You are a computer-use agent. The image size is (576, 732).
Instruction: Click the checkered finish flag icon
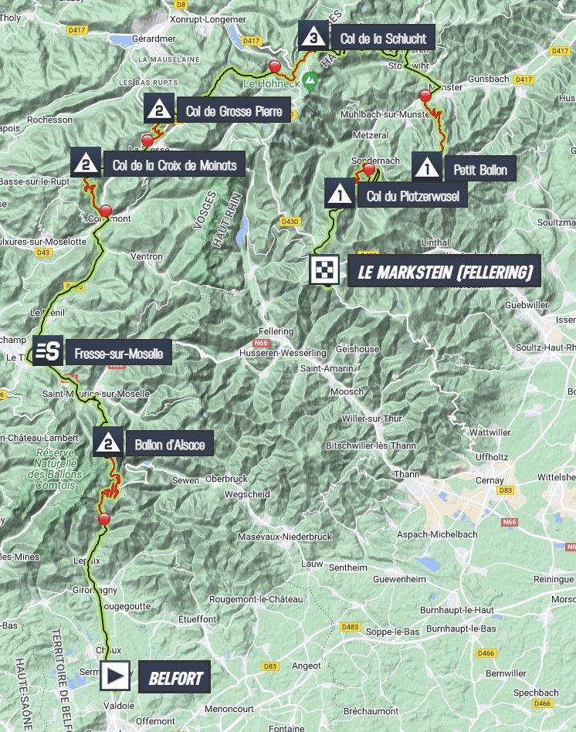pos(324,270)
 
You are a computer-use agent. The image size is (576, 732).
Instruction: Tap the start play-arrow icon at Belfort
pos(116,677)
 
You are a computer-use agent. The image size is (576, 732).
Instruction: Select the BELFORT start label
pos(175,678)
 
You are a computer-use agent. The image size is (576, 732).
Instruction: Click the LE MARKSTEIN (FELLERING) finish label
pos(444,271)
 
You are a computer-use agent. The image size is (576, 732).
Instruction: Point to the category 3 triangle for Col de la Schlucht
pos(313,36)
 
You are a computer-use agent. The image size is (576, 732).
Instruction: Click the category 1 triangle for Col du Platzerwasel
pos(337,193)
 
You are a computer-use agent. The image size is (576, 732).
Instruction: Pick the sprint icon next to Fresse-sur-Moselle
pos(46,352)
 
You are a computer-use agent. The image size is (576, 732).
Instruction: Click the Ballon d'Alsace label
pos(169,444)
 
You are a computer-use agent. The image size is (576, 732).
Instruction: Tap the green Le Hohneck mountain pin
pos(309,80)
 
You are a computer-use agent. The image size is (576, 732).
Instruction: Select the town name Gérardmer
pos(176,37)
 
